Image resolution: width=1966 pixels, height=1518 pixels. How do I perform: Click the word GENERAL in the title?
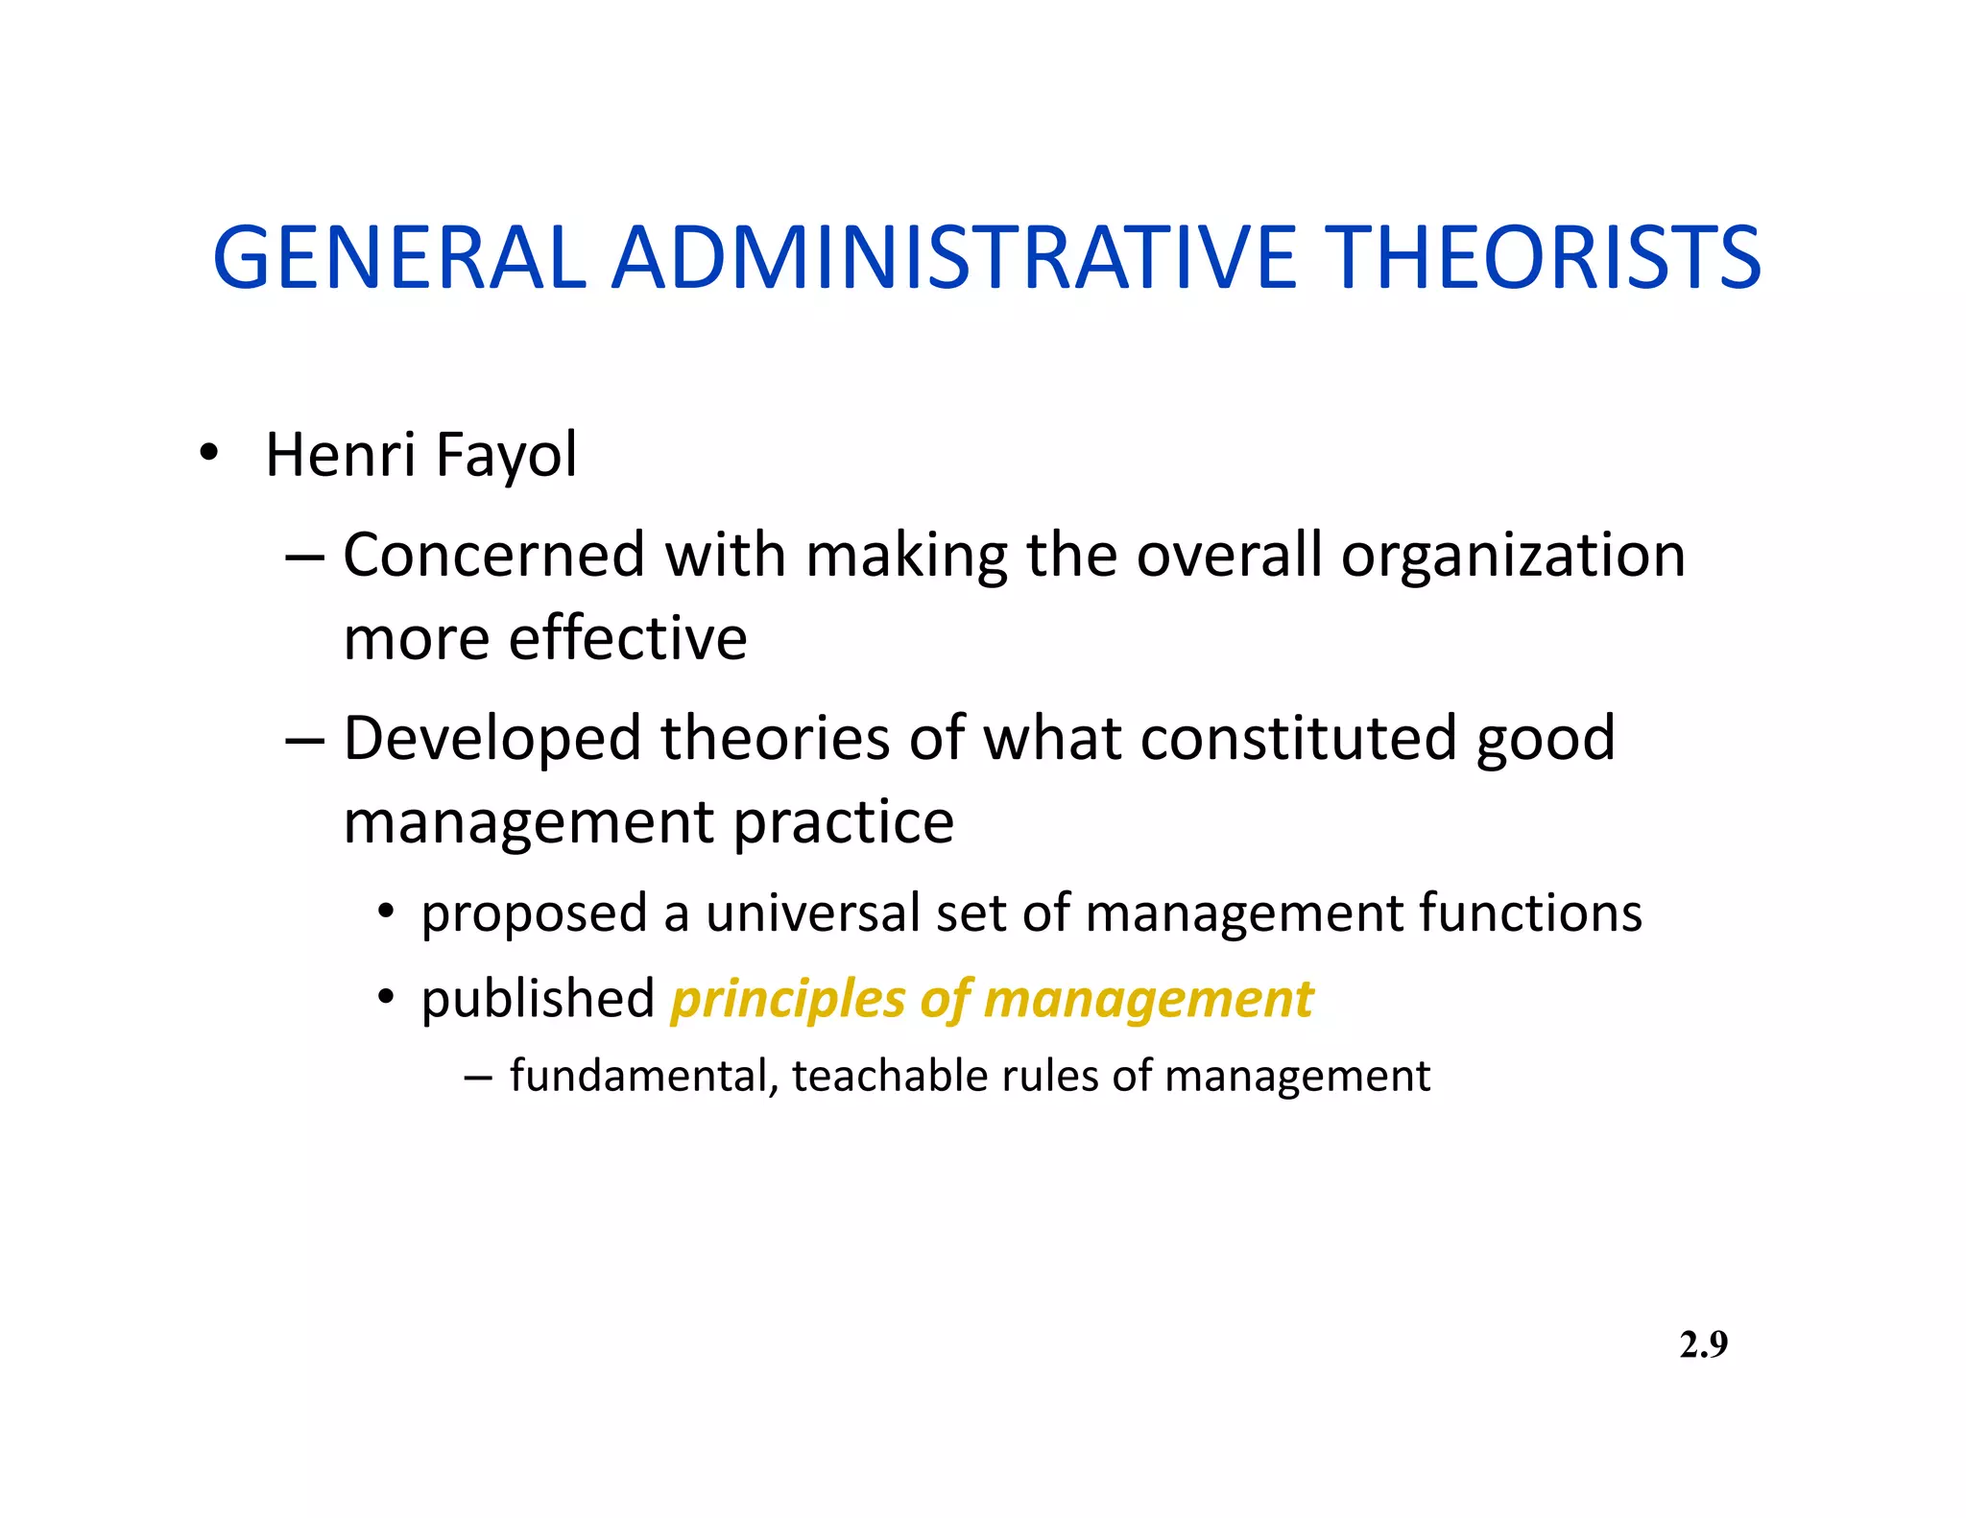point(398,257)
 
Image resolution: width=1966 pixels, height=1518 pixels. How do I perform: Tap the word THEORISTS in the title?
point(1546,257)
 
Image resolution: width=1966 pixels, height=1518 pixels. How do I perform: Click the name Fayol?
point(506,455)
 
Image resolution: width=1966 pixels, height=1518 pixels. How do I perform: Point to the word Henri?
point(341,455)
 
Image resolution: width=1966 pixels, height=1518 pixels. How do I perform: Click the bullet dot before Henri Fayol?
point(208,452)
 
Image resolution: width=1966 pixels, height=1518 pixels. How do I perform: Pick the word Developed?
point(492,739)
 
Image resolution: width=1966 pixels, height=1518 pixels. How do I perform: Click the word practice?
point(844,823)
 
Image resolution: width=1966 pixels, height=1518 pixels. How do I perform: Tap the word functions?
point(1530,913)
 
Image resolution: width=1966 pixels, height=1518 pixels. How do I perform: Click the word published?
point(538,999)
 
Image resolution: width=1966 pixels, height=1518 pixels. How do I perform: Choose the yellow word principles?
point(787,1001)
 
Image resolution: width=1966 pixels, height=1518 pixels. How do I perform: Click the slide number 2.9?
point(1703,1345)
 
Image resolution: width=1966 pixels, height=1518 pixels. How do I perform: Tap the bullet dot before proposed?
point(386,911)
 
